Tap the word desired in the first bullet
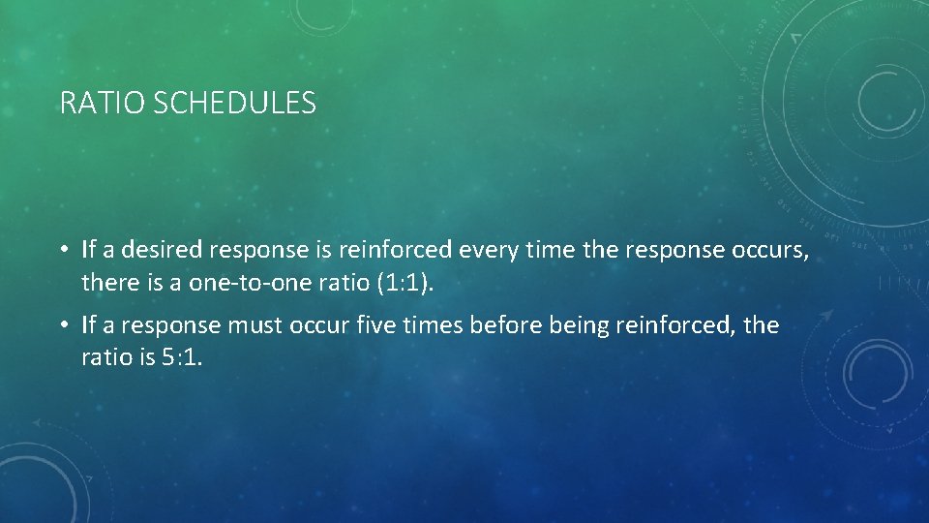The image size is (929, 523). coord(158,251)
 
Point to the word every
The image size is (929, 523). coord(487,251)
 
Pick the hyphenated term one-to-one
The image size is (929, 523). coord(237,282)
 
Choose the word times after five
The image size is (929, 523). coord(429,325)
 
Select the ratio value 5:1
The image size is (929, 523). coord(180,356)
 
